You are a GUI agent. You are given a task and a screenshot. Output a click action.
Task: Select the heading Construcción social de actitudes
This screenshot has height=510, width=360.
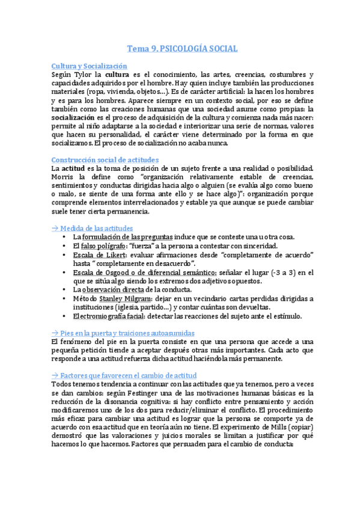point(105,159)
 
